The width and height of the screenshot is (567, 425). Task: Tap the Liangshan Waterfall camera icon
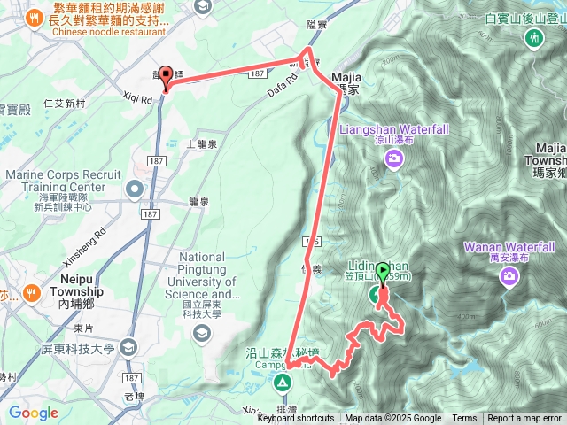(394, 158)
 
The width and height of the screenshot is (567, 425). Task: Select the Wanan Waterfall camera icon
(509, 276)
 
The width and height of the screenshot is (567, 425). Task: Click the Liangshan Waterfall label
(394, 128)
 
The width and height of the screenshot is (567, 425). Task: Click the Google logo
(33, 413)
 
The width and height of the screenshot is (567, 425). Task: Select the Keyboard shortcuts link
(296, 419)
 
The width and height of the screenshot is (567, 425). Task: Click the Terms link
(464, 419)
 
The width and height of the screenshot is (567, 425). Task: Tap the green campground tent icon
(282, 382)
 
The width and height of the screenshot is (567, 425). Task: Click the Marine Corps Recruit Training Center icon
(134, 188)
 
